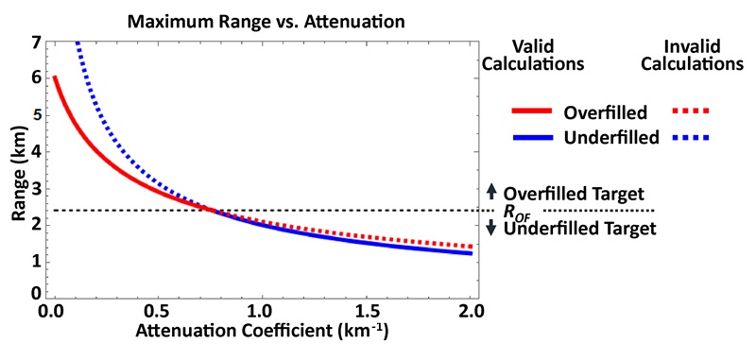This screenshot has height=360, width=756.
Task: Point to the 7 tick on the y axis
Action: click(35, 43)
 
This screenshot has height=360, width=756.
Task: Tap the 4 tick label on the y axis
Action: click(35, 150)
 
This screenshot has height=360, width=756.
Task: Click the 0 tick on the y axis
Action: click(35, 295)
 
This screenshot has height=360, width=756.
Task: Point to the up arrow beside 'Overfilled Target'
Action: click(490, 191)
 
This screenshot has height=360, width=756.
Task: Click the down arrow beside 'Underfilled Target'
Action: click(490, 229)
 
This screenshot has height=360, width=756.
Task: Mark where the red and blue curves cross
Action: click(213, 210)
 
